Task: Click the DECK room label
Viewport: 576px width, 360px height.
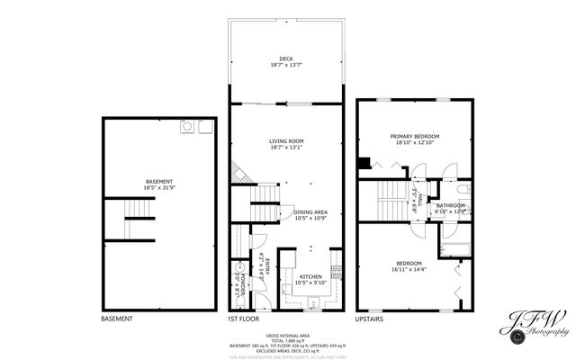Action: coord(286,60)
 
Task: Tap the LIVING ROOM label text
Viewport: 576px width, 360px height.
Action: coord(286,140)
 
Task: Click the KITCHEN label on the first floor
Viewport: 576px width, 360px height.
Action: coord(310,276)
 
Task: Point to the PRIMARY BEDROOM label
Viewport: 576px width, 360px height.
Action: coord(413,137)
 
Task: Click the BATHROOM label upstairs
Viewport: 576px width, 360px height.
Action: coord(450,205)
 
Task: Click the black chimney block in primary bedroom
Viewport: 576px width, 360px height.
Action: coord(363,163)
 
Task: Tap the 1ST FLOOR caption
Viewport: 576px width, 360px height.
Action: coord(243,319)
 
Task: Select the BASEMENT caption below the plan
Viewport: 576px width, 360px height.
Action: coord(116,319)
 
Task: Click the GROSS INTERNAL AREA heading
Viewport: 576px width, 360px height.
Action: coord(286,332)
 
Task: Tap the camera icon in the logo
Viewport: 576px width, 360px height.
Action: coord(517,337)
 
